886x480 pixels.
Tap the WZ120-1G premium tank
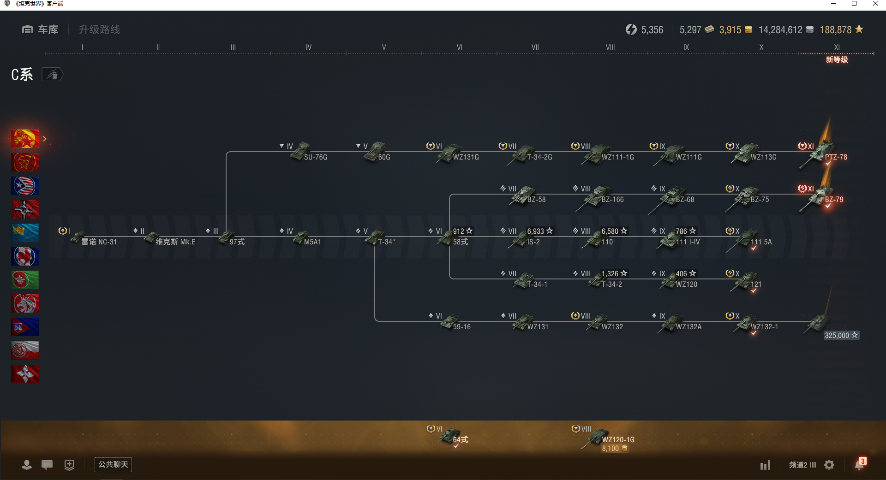tap(605, 438)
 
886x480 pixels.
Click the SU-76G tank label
tap(316, 157)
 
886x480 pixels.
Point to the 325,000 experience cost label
tap(841, 335)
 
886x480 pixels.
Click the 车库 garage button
tap(40, 30)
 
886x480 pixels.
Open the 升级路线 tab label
tap(99, 30)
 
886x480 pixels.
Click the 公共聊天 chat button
tap(113, 464)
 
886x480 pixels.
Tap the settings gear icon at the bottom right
tap(829, 465)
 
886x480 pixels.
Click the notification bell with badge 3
tap(860, 464)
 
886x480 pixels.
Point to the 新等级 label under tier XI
tap(837, 59)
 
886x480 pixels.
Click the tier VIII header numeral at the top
tap(610, 47)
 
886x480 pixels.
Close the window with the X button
tap(875, 4)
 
